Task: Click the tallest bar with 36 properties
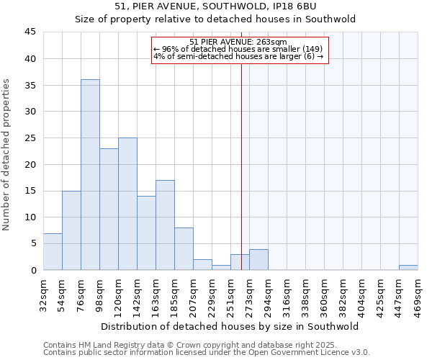coord(90,174)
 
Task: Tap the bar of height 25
coord(127,204)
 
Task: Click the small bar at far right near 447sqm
coord(408,267)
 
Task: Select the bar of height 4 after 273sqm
coord(258,259)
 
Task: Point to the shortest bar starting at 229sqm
coord(221,267)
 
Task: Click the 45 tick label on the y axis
coord(31,32)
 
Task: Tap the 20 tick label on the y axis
coord(31,164)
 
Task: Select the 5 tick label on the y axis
coord(33,243)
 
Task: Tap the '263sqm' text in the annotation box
coord(273,42)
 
